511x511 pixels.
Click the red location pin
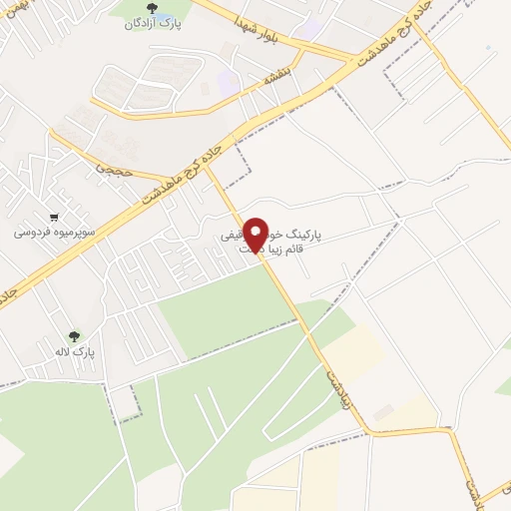(255, 233)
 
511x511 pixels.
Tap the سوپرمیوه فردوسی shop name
(54, 232)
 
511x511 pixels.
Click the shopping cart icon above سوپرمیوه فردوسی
(54, 216)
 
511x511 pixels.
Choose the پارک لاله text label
(74, 352)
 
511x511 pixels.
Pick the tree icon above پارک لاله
(73, 336)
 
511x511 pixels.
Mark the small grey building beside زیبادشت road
(382, 410)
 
